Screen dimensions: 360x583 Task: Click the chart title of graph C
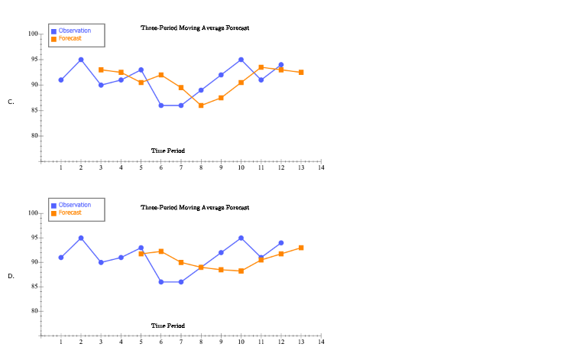click(195, 28)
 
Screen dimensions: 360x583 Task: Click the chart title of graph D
click(195, 207)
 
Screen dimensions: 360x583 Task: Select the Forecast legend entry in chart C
click(70, 38)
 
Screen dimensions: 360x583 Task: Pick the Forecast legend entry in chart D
click(70, 212)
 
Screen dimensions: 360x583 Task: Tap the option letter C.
click(11, 102)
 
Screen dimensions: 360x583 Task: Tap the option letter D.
click(11, 276)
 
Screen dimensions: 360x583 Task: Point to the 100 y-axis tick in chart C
click(33, 34)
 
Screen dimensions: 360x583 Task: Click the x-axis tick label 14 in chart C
click(322, 167)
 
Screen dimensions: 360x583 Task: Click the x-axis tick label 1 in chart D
click(60, 342)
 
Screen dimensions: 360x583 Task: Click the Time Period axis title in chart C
click(167, 151)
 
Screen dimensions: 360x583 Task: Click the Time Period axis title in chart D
click(167, 326)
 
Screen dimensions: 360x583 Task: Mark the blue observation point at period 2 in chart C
click(81, 60)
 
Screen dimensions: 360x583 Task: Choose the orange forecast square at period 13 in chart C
click(301, 73)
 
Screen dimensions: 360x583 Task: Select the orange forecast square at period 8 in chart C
click(201, 105)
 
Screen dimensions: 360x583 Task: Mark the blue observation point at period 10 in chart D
click(241, 238)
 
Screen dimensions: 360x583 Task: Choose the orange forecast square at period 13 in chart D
click(301, 248)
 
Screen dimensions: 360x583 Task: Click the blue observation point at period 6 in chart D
click(161, 282)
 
